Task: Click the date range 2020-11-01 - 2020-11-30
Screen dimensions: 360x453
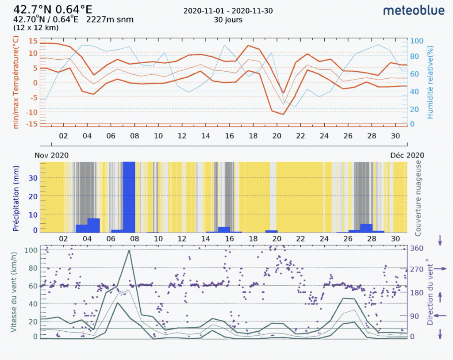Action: (x=228, y=11)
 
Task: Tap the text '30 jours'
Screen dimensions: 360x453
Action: (x=228, y=20)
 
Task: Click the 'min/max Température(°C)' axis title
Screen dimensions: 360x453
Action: (x=16, y=83)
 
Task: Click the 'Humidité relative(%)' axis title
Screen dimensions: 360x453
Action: (x=430, y=83)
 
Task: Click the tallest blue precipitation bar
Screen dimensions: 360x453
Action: (x=129, y=197)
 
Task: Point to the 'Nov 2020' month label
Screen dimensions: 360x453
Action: (x=52, y=155)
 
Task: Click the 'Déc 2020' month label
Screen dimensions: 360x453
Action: (x=407, y=155)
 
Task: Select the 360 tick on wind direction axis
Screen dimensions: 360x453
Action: (x=418, y=249)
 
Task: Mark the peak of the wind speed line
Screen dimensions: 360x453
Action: (x=129, y=250)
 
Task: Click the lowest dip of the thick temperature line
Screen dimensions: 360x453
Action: (x=283, y=115)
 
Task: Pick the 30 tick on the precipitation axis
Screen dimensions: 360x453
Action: (x=33, y=178)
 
